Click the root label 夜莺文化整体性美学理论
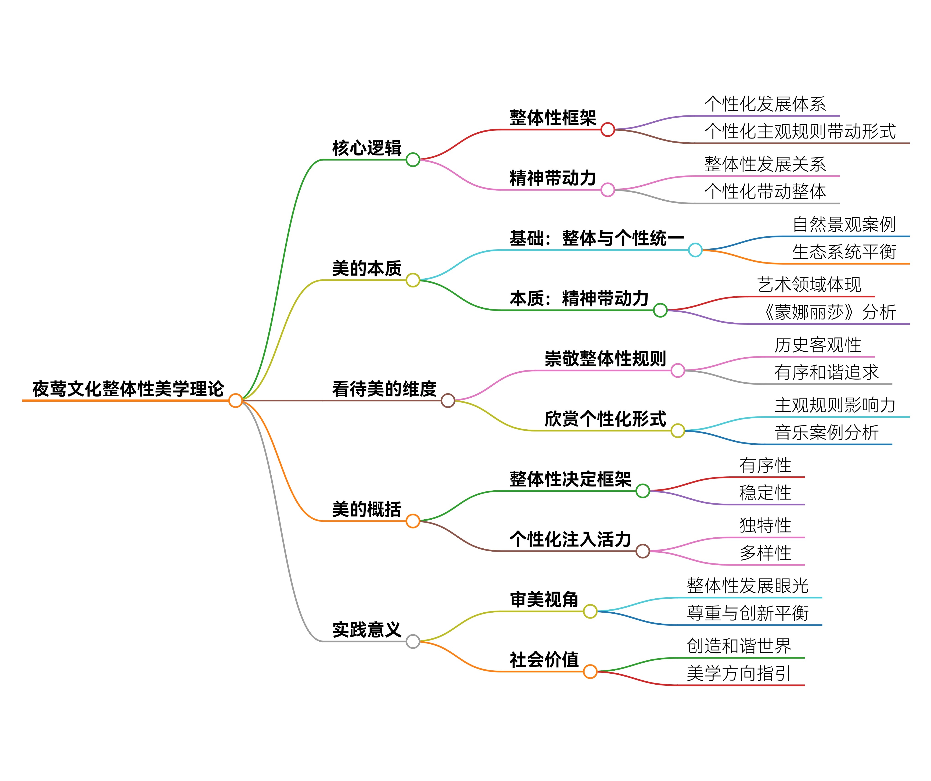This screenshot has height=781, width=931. [x=128, y=389]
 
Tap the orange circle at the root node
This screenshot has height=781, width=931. [x=235, y=401]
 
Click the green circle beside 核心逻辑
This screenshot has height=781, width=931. [x=413, y=160]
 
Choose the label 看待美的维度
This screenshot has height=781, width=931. [x=384, y=389]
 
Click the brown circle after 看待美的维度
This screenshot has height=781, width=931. [x=448, y=401]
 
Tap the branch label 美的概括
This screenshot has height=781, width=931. [x=367, y=509]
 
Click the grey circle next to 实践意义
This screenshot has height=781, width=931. [x=413, y=641]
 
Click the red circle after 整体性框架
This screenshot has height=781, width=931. [x=607, y=130]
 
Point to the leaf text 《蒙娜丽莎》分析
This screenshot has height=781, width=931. [x=828, y=312]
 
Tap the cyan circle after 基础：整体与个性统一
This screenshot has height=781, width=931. [x=695, y=250]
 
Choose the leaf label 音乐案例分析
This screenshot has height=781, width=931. [x=826, y=433]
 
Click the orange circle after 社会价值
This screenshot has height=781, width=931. [x=590, y=671]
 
